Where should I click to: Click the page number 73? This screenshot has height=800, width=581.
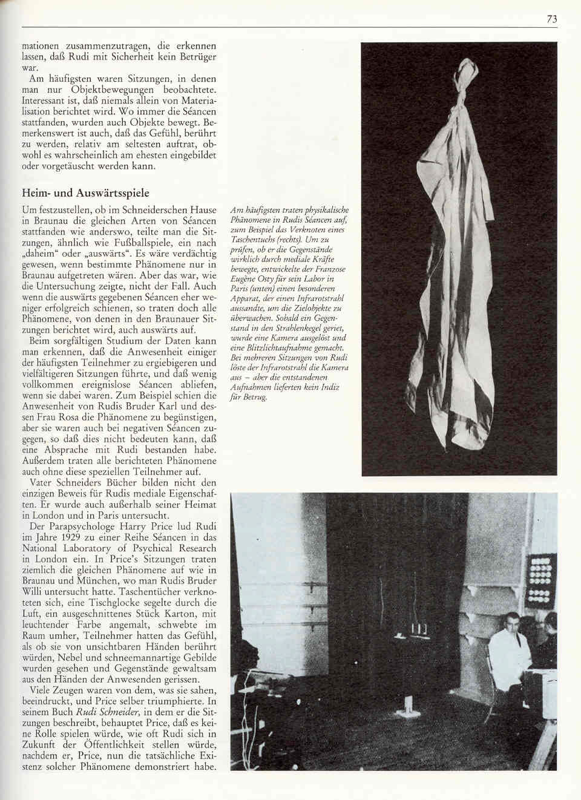point(551,19)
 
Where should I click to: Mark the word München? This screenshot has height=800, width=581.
point(103,581)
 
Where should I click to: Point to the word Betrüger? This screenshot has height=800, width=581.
point(194,57)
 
